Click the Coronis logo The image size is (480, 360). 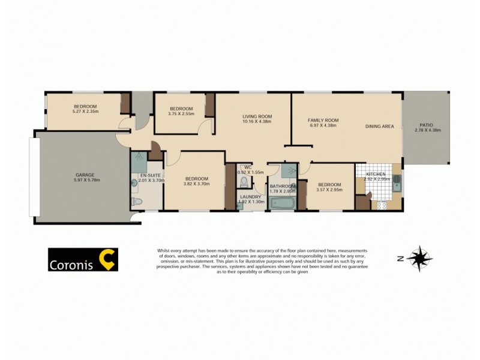(x=83, y=259)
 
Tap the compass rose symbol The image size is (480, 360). (x=419, y=258)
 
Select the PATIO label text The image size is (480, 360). (x=427, y=125)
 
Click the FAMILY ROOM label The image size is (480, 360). (x=323, y=120)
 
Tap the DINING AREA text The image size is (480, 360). (x=379, y=127)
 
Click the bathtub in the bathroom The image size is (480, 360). (x=281, y=203)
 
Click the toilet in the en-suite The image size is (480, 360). (x=136, y=202)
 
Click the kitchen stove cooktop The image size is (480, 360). (x=380, y=205)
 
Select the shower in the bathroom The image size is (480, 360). (x=289, y=170)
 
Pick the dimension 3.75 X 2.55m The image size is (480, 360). (x=181, y=113)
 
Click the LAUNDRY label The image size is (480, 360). (x=250, y=196)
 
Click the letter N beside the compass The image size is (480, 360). (x=400, y=259)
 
